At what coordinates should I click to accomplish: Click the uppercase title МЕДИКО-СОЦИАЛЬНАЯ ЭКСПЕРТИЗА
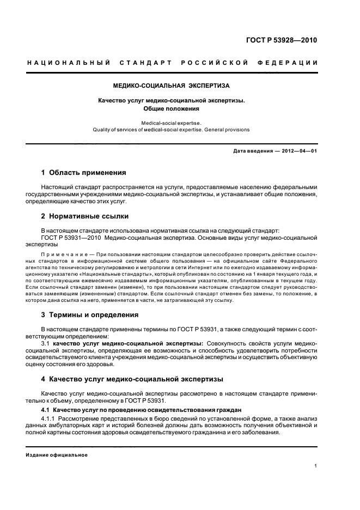(x=171, y=86)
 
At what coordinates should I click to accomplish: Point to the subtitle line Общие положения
(x=171, y=108)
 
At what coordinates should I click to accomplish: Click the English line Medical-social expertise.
(x=171, y=123)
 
